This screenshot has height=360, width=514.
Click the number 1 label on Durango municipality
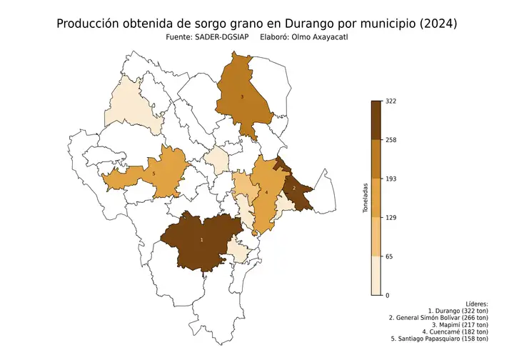point(201,239)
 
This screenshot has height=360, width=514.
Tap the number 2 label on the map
point(294,188)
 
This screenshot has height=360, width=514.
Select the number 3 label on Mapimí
point(242,97)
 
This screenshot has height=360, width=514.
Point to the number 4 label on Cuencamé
point(266,192)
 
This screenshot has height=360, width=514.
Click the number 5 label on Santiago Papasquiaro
point(154,174)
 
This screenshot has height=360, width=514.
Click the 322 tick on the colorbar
point(391,101)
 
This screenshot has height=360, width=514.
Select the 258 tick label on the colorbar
point(391,140)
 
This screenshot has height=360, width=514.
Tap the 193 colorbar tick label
point(391,179)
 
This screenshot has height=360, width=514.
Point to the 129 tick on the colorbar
point(391,218)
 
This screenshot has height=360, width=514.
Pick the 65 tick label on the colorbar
point(390,256)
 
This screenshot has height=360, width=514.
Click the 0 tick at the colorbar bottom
point(388,295)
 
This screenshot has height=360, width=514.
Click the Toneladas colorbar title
point(366,199)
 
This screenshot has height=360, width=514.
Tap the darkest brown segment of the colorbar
point(376,120)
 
